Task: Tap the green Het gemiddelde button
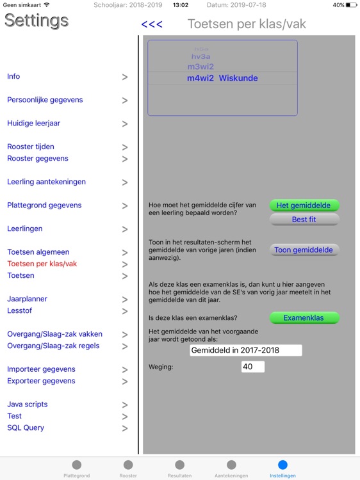coord(304,205)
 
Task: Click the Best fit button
coord(304,220)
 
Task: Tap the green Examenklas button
coord(304,317)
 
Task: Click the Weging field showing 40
coord(252,367)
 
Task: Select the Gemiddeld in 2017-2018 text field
coord(246,350)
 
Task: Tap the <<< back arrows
coord(152,24)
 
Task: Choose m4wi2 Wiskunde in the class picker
coord(222,78)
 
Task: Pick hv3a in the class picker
coord(200,56)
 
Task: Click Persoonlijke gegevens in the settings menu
coord(45,100)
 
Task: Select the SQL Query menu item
coord(26,428)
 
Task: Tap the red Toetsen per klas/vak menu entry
coord(42,264)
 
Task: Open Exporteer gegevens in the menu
coord(41,381)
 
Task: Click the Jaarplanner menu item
coord(27,299)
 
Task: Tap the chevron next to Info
coord(125,77)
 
